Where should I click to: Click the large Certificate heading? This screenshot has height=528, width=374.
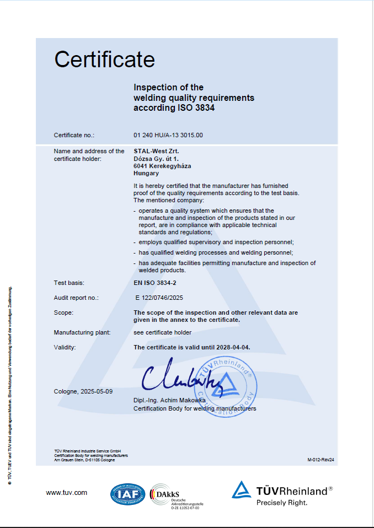pos(104,59)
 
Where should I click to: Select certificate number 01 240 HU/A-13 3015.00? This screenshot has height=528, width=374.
pos(168,135)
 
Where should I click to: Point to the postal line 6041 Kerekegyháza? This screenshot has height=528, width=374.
pos(162,165)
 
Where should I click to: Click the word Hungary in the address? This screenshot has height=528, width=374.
pos(146,173)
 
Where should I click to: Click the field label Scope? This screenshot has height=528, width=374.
pos(63,313)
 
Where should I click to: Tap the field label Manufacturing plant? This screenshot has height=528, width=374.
pos(82,332)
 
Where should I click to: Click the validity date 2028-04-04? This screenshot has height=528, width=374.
pos(238,347)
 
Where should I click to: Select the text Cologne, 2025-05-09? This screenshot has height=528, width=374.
pos(83,391)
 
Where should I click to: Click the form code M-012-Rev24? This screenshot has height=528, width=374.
pos(321,459)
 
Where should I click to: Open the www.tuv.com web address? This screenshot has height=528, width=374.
pos(67,492)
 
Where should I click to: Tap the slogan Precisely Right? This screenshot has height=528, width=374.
pos(282,502)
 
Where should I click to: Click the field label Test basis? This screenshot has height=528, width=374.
pos(68,283)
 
